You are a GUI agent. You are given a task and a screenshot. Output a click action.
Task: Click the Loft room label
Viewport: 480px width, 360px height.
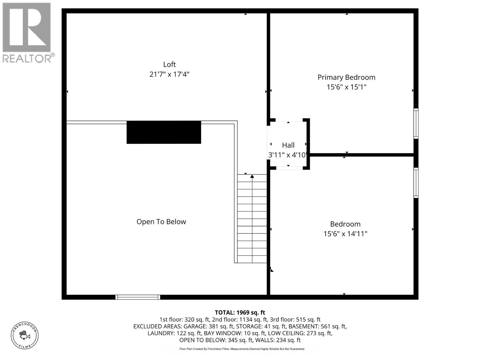pos(169,64)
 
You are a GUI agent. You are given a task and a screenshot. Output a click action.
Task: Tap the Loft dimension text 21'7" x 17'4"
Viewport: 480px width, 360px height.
pos(169,74)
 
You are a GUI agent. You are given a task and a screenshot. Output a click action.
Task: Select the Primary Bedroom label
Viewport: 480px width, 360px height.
pos(346,77)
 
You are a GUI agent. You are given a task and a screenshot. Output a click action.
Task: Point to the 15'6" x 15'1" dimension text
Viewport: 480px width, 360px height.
pos(346,87)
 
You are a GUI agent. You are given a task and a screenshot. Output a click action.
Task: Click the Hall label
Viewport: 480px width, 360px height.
pos(288,145)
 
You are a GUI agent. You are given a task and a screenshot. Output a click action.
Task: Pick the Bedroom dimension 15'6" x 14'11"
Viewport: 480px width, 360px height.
pos(345,234)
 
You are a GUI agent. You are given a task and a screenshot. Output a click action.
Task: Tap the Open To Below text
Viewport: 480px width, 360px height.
pos(161,222)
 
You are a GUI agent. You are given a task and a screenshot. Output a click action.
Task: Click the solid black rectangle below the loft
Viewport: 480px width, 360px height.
pos(164,132)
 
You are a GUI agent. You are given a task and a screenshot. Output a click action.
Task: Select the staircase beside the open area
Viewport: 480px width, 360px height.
pos(252,219)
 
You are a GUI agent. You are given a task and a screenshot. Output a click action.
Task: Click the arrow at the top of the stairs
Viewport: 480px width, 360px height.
pos(252,176)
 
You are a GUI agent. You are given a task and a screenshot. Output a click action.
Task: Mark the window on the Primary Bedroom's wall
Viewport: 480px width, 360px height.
pos(416,123)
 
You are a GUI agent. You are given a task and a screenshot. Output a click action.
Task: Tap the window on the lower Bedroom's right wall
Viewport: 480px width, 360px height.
pos(416,183)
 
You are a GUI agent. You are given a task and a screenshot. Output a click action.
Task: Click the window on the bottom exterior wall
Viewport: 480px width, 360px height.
pos(138,297)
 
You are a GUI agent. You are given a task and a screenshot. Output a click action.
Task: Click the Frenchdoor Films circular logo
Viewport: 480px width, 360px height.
pos(25,335)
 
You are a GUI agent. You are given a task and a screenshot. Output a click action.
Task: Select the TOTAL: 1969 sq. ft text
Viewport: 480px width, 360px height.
pos(240,313)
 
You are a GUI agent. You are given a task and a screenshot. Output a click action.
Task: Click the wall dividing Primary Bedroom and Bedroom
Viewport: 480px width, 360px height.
pos(361,155)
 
